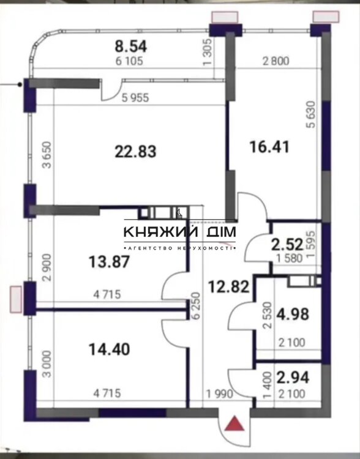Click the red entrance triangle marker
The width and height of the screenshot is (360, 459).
click(234, 424)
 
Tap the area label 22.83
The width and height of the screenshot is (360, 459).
click(135, 152)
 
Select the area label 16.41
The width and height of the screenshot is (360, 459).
click(269, 147)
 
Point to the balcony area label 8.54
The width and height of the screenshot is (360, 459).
click(130, 47)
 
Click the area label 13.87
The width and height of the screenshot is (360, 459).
click(109, 261)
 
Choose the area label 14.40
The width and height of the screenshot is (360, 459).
click(109, 349)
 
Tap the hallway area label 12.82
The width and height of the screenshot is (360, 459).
click(228, 286)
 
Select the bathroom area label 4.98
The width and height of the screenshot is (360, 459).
click(293, 315)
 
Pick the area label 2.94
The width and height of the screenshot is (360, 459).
click(293, 378)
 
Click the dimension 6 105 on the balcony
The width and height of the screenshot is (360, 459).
click(129, 61)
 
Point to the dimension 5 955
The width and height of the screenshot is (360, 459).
click(135, 97)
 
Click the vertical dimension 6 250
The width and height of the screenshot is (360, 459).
click(196, 305)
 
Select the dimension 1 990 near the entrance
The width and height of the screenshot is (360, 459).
click(220, 394)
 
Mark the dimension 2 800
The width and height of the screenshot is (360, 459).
click(276, 61)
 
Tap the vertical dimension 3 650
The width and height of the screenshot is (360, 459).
click(47, 155)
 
